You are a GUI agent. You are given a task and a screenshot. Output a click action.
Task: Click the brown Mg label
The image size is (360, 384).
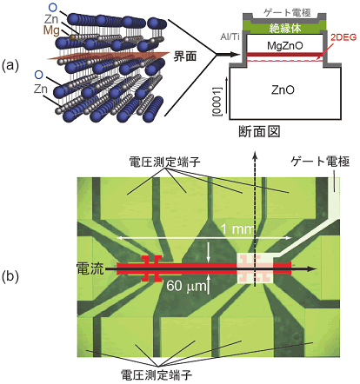pyautogui.click(x=51, y=30)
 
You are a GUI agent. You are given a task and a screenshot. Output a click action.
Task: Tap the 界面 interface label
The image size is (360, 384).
pyautogui.click(x=185, y=56)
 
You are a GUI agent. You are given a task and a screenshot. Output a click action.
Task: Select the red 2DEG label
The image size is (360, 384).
pyautogui.click(x=343, y=37)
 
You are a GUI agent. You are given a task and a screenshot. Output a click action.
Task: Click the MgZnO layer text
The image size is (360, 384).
pyautogui.click(x=285, y=45)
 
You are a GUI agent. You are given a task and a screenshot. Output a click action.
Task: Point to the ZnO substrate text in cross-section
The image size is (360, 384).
pyautogui.click(x=283, y=90)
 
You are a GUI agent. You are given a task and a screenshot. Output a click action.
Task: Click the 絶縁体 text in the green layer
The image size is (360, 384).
pyautogui.click(x=285, y=28)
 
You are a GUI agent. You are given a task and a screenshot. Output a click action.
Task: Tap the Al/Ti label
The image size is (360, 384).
pyautogui.click(x=230, y=37)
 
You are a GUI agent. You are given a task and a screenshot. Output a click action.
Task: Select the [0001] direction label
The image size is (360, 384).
pyautogui.click(x=217, y=102)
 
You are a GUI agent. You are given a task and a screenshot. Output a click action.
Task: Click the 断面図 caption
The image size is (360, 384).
pyautogui.click(x=259, y=131)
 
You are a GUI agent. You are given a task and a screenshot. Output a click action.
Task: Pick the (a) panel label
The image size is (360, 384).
pyautogui.click(x=10, y=66)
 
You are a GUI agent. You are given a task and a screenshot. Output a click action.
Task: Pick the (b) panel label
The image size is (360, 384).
pyautogui.click(x=10, y=277)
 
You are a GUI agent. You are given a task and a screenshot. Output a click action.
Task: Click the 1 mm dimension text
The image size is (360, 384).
pyautogui.click(x=237, y=229)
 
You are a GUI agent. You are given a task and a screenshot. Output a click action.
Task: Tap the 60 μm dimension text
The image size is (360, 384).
pyautogui.click(x=186, y=286)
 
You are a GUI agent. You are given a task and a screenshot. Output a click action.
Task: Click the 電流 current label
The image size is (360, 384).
pyautogui.click(x=90, y=268)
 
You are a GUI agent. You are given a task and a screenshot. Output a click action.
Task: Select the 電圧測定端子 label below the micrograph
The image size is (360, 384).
pyautogui.click(x=157, y=375)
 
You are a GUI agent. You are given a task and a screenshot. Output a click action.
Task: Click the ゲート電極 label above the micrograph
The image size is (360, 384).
pyautogui.click(x=320, y=162)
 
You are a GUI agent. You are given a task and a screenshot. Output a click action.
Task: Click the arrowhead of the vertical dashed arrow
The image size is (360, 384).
pyautogui.click(x=255, y=156)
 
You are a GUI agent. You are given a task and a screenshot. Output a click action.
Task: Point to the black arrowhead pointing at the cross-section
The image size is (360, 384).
pyautogui.click(x=237, y=54)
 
